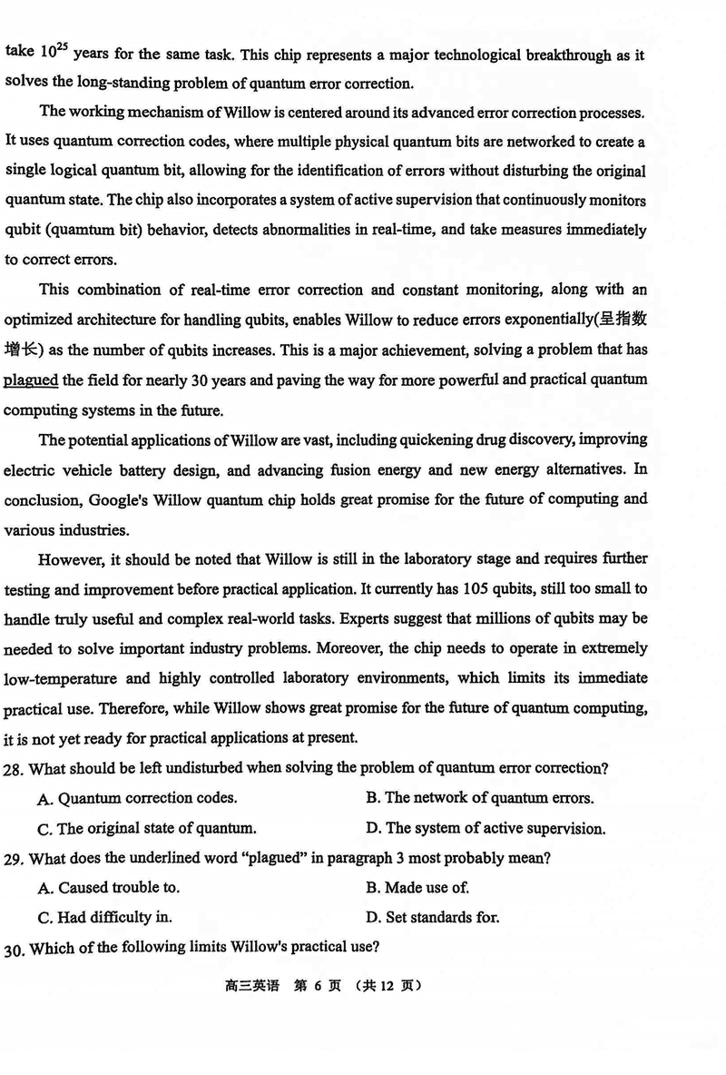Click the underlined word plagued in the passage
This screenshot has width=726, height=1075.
coord(31,380)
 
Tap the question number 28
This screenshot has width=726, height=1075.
coord(15,768)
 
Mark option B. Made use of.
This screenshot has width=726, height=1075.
coord(417,887)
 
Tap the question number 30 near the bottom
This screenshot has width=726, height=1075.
coord(15,948)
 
